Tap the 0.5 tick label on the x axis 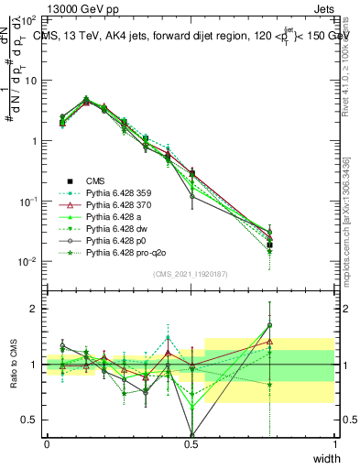coord(191,444)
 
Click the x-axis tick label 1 coord(334,444)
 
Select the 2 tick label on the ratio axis coord(34,309)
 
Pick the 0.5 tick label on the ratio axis coord(29,420)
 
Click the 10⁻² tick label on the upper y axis coord(28,262)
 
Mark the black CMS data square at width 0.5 coord(191,172)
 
